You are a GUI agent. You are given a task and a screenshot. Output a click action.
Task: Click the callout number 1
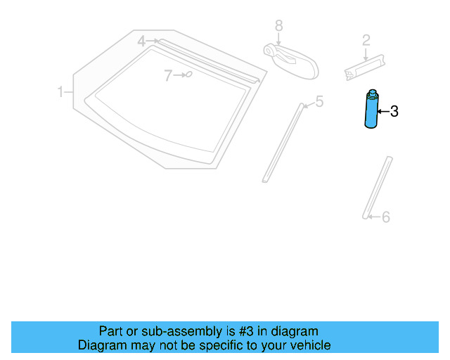pos(61,91)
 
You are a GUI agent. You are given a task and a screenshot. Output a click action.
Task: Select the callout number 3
pos(394,111)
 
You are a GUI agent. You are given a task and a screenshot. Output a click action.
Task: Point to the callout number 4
pos(141,41)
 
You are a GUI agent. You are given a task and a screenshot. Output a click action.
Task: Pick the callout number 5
pos(319,102)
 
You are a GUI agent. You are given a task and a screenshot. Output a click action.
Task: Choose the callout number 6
pos(385,217)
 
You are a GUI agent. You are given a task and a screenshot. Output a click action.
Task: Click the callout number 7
pos(168,75)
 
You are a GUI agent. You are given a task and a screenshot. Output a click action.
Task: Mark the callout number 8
pos(278,25)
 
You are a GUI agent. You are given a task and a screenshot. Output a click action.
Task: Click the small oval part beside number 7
pos(188,73)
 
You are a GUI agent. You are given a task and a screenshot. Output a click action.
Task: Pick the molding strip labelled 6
pos(378,188)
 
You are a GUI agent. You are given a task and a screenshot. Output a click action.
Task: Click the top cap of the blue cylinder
pos(371,93)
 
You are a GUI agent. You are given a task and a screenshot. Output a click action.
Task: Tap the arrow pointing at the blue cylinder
pos(383,111)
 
